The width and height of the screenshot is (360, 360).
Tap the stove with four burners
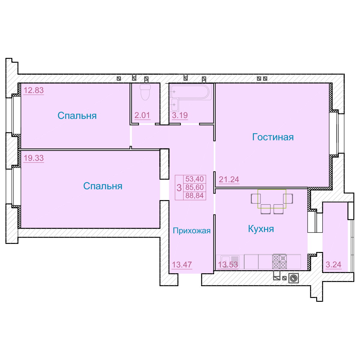(x=280, y=261)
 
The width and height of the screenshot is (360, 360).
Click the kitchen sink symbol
(x=230, y=262)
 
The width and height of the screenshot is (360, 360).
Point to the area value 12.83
(x=34, y=90)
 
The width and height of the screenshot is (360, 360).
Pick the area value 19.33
(x=34, y=158)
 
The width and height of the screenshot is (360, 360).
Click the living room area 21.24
(x=229, y=179)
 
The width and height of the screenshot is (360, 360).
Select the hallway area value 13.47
(x=182, y=265)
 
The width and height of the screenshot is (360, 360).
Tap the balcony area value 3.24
(x=334, y=265)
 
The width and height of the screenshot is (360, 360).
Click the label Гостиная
(x=273, y=137)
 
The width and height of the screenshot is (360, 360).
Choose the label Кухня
(x=261, y=229)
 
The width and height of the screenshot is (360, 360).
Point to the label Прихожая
(x=192, y=231)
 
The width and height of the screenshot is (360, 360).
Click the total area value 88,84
(x=194, y=196)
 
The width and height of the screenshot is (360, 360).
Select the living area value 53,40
(x=194, y=179)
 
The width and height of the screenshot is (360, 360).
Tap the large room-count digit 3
(x=179, y=187)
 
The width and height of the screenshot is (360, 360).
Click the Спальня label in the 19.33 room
(x=103, y=186)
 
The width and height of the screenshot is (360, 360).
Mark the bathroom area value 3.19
(x=180, y=115)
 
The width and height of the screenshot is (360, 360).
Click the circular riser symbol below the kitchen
(x=293, y=278)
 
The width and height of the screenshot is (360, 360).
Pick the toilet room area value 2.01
(x=142, y=115)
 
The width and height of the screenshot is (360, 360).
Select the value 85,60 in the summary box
(x=194, y=187)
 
